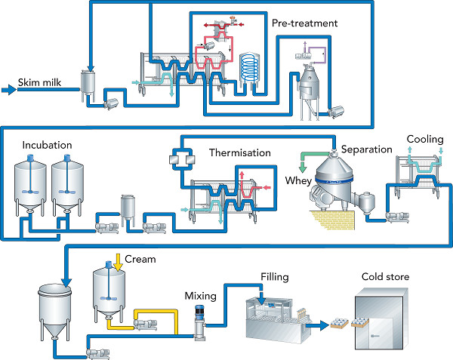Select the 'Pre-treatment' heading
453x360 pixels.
(x=304, y=23)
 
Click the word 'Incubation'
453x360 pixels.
(x=47, y=144)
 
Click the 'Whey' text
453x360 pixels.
(x=297, y=181)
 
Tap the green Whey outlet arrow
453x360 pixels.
(x=303, y=162)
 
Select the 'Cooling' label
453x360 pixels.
(x=421, y=140)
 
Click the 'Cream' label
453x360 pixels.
(x=141, y=259)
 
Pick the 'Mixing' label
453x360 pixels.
(x=202, y=295)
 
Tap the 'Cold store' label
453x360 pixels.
(x=385, y=277)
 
